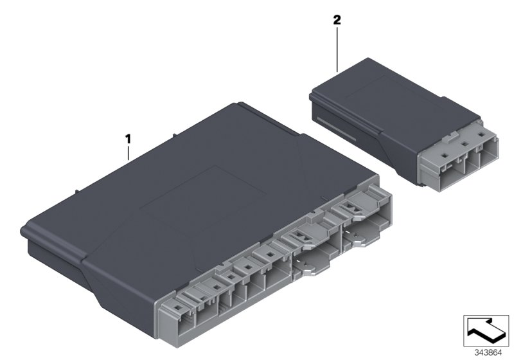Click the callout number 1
coord(128,138)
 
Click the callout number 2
coord(337,20)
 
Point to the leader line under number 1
coord(128,153)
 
